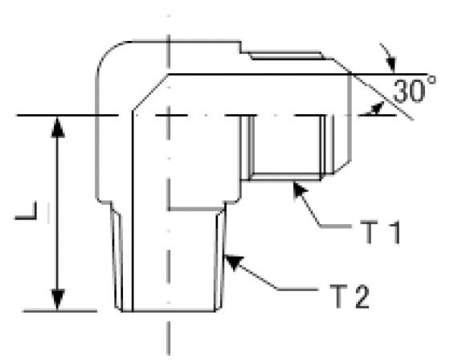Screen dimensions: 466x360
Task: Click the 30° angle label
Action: tap(415, 89)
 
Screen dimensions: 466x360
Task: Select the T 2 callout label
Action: tap(349, 296)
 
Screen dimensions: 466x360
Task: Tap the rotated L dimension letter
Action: tap(26, 211)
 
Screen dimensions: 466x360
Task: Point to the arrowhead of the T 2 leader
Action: tap(233, 261)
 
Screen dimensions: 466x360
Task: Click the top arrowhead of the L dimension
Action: tap(58, 126)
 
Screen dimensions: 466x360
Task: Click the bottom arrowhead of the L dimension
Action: tap(58, 301)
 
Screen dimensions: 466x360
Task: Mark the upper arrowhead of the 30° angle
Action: tap(391, 65)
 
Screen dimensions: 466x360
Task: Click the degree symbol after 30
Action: tap(431, 80)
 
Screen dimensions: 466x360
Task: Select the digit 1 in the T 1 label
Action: tap(394, 232)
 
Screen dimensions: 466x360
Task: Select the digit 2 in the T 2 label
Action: tap(362, 296)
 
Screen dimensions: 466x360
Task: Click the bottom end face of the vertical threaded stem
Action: tap(169, 311)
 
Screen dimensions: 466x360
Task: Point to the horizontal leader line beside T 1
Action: tap(336, 227)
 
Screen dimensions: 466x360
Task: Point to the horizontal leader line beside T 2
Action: tap(298, 288)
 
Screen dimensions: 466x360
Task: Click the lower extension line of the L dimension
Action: tap(60, 311)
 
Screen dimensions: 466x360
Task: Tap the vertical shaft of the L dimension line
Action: tap(58, 213)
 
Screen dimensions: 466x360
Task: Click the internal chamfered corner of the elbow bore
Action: tap(150, 92)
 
